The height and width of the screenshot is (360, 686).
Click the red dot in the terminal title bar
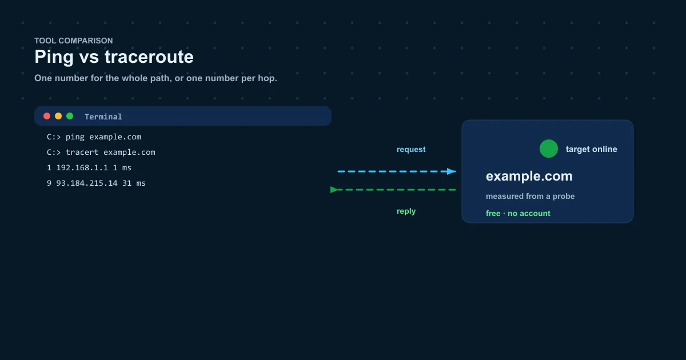pos(47,116)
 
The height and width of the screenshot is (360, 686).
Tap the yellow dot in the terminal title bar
pos(58,116)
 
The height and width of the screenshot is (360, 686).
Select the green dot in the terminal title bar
pos(70,116)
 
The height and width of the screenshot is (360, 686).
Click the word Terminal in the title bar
pos(103,117)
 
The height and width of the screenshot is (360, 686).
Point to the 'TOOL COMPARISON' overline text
pos(74,41)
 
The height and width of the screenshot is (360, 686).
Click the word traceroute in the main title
pos(149,57)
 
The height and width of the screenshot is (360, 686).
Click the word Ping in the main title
pos(54,57)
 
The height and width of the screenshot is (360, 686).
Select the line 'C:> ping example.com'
pos(94,137)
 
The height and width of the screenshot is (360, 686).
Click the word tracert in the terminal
pos(82,152)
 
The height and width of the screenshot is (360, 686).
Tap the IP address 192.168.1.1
pos(82,168)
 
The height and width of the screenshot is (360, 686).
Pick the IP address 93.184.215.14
pos(87,183)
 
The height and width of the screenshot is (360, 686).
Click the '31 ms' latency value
pos(134,183)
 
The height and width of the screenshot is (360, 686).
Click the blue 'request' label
pos(411,149)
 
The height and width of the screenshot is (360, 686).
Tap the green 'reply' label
pos(406,211)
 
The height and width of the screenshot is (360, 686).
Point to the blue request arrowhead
pos(452,171)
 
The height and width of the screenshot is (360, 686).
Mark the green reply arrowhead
pos(334,190)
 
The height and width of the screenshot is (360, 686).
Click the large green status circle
pos(548,149)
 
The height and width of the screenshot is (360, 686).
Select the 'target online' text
pos(591,149)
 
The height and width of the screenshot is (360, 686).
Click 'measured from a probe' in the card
pos(530,196)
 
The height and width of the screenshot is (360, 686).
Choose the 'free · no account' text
pos(518,213)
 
